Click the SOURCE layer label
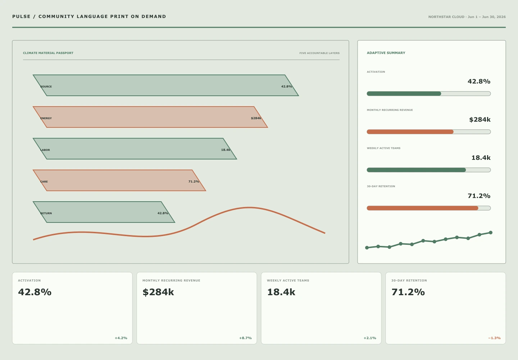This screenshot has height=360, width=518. pyautogui.click(x=46, y=86)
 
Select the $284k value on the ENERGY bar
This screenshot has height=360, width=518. pyautogui.click(x=256, y=118)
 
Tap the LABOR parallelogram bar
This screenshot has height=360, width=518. pyautogui.click(x=135, y=149)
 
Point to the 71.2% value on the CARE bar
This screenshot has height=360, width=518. pyautogui.click(x=194, y=181)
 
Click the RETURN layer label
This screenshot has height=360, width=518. pyautogui.click(x=46, y=213)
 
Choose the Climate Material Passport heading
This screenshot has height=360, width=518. pyautogui.click(x=48, y=53)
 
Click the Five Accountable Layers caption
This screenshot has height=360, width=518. pyautogui.click(x=319, y=53)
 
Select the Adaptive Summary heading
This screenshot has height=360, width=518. pyautogui.click(x=386, y=53)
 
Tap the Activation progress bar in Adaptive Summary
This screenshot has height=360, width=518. pyautogui.click(x=429, y=94)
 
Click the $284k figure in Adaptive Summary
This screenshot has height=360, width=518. pyautogui.click(x=480, y=120)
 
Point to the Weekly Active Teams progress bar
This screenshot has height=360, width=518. pyautogui.click(x=429, y=170)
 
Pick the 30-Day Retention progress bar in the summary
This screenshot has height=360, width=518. pyautogui.click(x=429, y=208)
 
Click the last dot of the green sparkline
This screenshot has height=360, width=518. pyautogui.click(x=491, y=233)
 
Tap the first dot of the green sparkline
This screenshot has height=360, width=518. pyautogui.click(x=367, y=248)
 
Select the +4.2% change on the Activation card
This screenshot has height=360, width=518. pyautogui.click(x=121, y=338)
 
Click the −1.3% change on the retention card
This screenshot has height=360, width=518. pyautogui.click(x=494, y=338)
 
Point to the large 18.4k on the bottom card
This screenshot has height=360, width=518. pyautogui.click(x=281, y=292)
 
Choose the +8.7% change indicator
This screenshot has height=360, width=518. pyautogui.click(x=245, y=338)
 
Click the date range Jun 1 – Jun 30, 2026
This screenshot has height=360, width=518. pyautogui.click(x=487, y=17)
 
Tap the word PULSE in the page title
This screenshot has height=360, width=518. pyautogui.click(x=21, y=17)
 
